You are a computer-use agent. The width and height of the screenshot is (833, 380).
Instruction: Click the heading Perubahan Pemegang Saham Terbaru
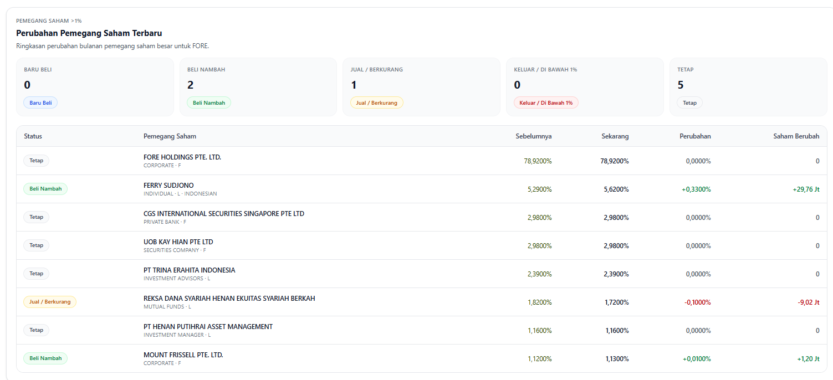(x=89, y=33)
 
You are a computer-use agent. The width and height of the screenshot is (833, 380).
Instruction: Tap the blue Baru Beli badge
(x=40, y=102)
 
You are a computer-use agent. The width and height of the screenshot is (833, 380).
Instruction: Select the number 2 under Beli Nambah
(x=191, y=85)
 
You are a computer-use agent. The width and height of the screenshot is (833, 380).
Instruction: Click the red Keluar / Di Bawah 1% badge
(x=546, y=102)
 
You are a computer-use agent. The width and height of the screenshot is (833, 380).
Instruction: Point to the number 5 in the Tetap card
(x=681, y=85)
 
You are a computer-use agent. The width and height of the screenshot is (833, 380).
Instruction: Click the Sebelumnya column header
(x=534, y=136)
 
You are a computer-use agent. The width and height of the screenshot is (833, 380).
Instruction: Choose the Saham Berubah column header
(x=796, y=136)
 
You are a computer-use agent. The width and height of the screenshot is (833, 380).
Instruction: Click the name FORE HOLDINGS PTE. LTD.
(x=182, y=157)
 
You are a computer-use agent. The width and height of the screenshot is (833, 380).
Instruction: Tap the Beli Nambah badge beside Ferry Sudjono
(x=45, y=188)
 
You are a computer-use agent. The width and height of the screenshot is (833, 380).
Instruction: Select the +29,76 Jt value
(x=806, y=189)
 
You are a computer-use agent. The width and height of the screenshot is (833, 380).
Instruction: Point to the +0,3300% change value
(x=696, y=189)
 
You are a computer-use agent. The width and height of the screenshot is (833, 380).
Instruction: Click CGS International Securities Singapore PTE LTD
(x=224, y=213)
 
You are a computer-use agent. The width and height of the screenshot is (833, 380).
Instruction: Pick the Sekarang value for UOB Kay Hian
(x=616, y=246)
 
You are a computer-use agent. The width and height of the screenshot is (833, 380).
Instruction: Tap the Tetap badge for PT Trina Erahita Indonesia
(x=37, y=273)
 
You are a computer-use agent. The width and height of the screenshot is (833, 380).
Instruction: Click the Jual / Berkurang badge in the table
(x=50, y=301)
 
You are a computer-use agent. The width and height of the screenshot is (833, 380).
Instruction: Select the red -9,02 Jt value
(x=809, y=302)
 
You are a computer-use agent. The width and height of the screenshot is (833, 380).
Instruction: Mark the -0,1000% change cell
(x=698, y=302)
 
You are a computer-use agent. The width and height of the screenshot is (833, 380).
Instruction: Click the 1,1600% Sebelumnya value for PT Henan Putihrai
(x=540, y=331)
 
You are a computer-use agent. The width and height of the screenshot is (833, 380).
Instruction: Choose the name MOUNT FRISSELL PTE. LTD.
(x=183, y=355)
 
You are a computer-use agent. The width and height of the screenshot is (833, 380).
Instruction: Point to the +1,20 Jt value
(x=808, y=359)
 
